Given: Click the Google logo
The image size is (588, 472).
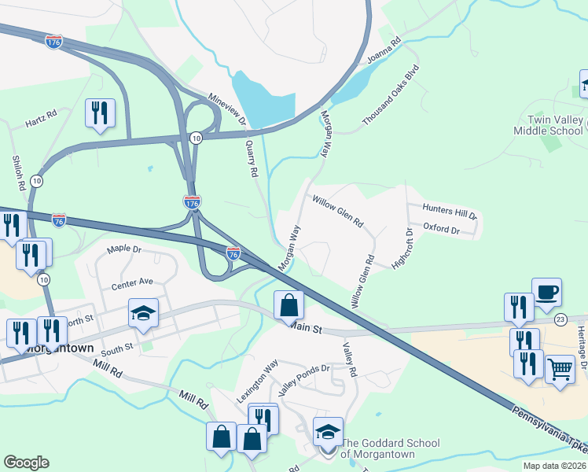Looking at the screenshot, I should pos(26,463).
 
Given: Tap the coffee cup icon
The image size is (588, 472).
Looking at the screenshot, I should pos(546,293).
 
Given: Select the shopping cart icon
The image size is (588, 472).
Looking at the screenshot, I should pos(559,368).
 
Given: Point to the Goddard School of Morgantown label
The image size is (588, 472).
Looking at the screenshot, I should pos(390,448).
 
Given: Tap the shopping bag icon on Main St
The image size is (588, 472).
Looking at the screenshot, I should pos(289,305).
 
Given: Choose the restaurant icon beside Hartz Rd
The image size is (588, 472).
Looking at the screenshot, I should pos(100,113).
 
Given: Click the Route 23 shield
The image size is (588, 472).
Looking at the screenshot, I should pos(560,319).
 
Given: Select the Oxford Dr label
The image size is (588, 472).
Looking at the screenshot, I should pos(441,229).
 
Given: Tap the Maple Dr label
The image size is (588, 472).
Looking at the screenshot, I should pos(124,249).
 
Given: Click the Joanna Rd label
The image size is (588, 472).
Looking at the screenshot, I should pos(384,50).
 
